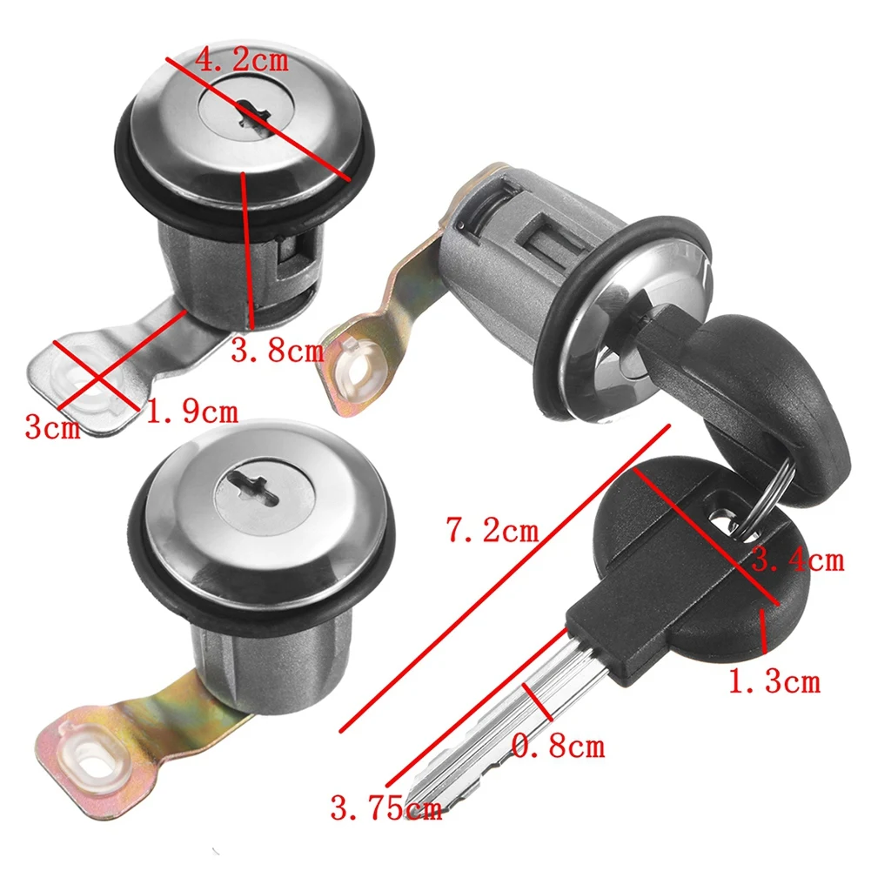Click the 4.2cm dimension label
(241, 61)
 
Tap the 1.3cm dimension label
(773, 680)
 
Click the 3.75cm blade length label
(385, 809)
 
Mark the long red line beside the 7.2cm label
(505, 578)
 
